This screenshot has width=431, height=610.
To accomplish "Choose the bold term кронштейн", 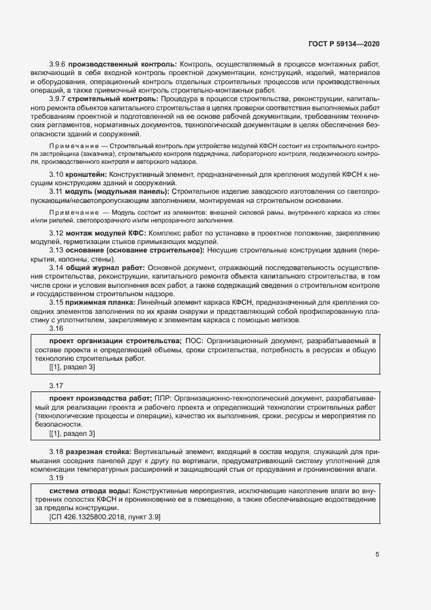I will point(87,175).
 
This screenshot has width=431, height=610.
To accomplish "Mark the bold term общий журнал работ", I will point(105,267).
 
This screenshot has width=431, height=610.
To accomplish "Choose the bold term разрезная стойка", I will point(99,451).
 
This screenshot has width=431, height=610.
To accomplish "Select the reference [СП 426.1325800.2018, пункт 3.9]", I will point(105,517).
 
